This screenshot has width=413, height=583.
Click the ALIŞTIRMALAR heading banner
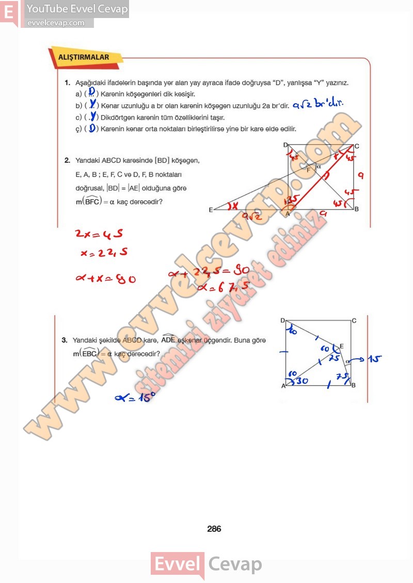(x=84, y=57)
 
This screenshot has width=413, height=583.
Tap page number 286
(x=214, y=529)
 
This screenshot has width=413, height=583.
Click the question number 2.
(x=67, y=160)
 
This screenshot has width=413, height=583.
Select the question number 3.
(x=65, y=341)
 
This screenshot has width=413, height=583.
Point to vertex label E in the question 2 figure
(x=211, y=210)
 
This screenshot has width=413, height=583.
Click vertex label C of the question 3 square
(x=354, y=321)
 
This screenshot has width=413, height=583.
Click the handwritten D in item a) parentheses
(x=91, y=92)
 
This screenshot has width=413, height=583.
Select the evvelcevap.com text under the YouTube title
(x=56, y=23)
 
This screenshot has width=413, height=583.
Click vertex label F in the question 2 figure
(x=309, y=169)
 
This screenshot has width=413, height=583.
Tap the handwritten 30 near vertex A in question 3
(x=301, y=381)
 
